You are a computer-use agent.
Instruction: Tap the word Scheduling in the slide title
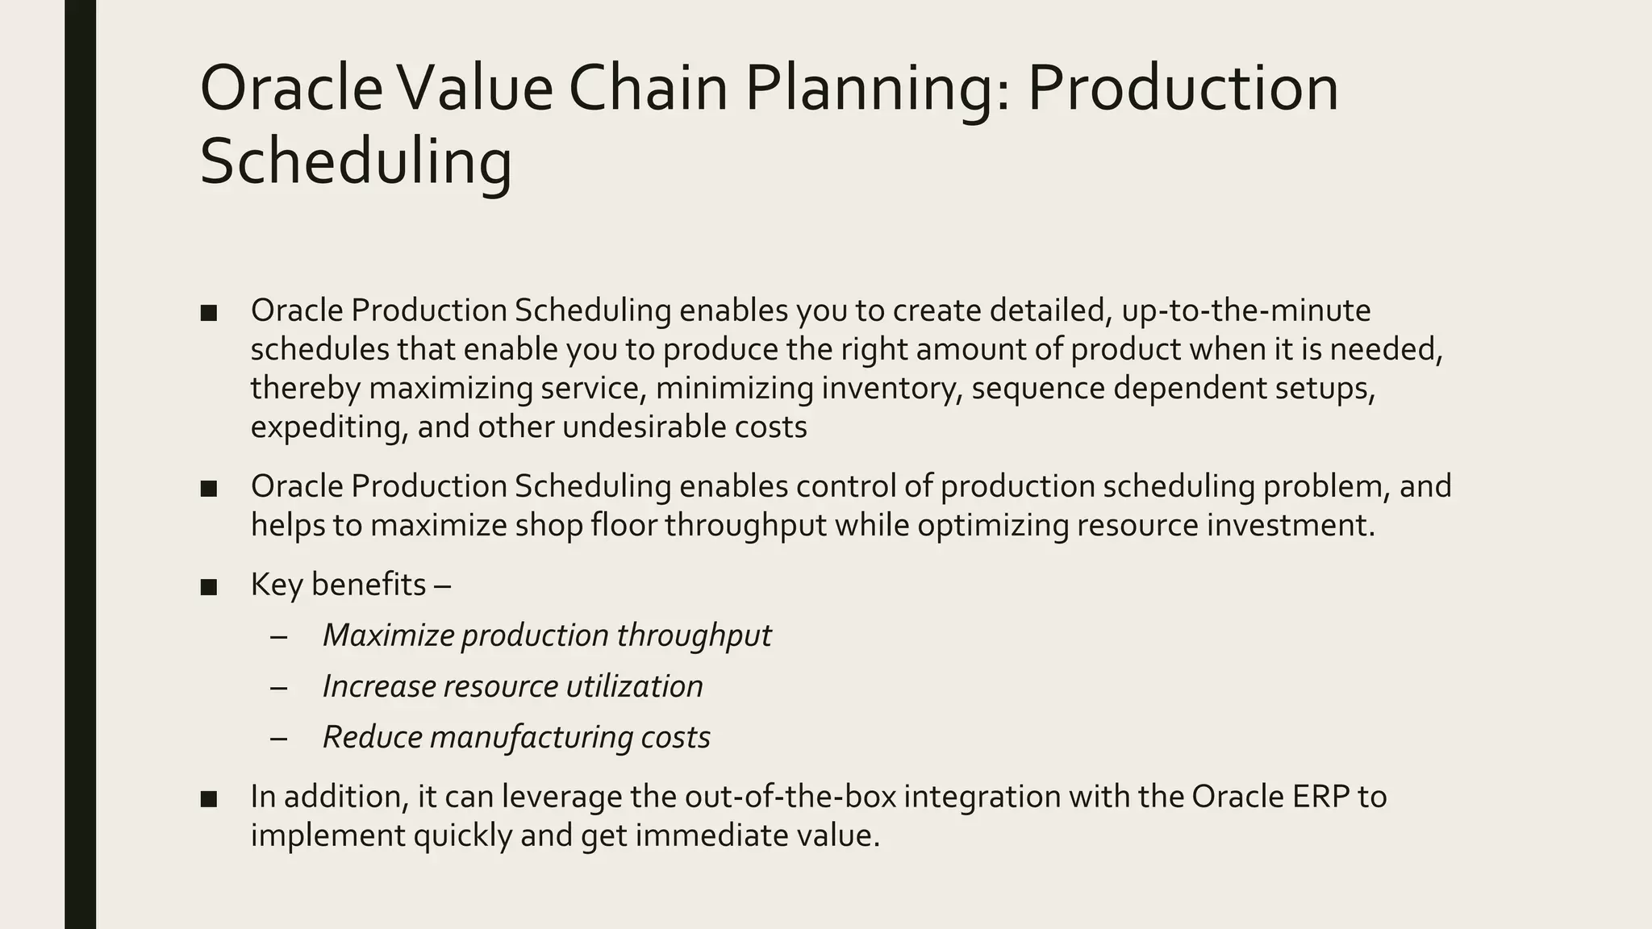tap(356, 160)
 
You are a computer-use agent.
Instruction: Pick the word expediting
tap(329, 427)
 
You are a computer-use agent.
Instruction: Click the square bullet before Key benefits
tap(209, 586)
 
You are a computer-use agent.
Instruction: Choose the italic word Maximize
tap(387, 635)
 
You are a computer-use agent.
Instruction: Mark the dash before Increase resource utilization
tap(279, 687)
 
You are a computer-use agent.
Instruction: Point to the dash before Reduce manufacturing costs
tap(279, 738)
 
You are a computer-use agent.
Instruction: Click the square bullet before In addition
tap(209, 798)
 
